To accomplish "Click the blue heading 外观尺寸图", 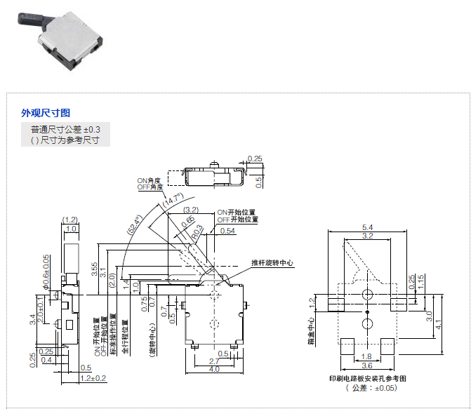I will [46, 112].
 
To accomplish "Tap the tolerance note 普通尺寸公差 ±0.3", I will [65, 130].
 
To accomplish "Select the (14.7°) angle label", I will [172, 201].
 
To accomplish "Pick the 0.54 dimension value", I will [227, 231].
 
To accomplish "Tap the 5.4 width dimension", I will [367, 228].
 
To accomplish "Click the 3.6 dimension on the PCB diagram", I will [366, 366].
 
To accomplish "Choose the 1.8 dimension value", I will [366, 356].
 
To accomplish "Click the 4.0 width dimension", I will [214, 369].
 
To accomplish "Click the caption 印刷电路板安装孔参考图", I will [367, 378].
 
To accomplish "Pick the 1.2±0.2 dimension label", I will [93, 378].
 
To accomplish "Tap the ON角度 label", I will [150, 180].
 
